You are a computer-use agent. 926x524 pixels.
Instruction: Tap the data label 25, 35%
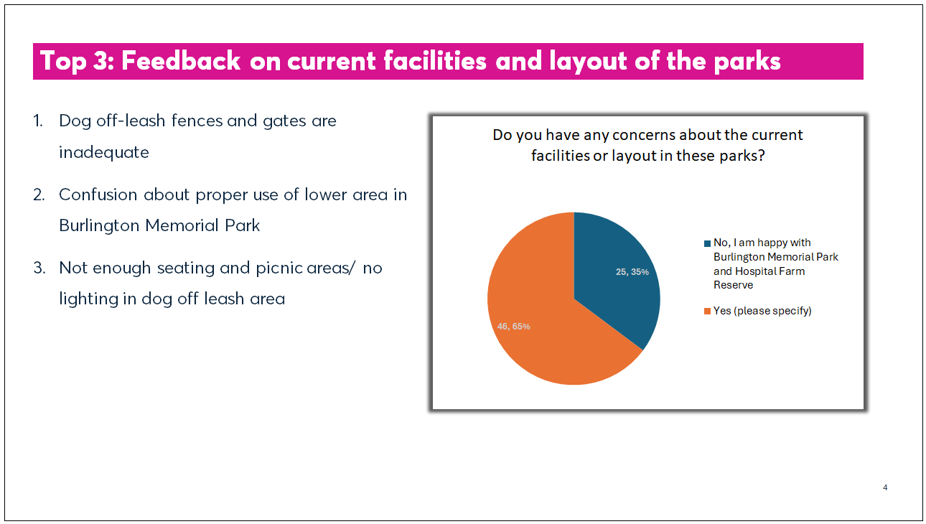tap(632, 272)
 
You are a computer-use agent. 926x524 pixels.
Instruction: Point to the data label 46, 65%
tap(513, 327)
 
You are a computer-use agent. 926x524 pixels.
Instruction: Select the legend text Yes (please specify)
tap(762, 311)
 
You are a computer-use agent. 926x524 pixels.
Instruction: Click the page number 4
tap(885, 488)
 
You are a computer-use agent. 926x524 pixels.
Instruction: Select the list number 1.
tap(37, 121)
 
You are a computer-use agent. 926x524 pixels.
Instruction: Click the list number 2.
tap(38, 195)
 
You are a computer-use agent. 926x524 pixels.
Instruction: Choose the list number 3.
tap(38, 268)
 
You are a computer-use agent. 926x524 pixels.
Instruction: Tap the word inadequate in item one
tap(104, 152)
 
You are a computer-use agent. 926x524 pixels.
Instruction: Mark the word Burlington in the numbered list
tap(99, 225)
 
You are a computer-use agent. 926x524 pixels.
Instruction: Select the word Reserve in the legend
tap(734, 285)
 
